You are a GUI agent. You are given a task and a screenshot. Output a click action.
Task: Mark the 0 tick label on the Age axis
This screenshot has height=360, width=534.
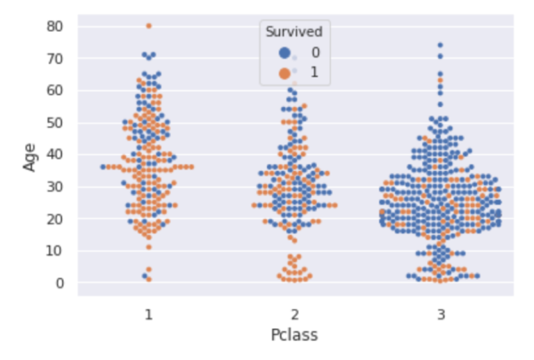(61, 283)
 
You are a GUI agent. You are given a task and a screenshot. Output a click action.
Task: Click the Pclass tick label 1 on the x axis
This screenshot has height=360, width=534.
(149, 314)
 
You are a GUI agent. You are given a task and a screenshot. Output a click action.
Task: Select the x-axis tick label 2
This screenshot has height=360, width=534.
(295, 314)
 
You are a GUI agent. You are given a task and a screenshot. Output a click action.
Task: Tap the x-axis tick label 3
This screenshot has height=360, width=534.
(441, 314)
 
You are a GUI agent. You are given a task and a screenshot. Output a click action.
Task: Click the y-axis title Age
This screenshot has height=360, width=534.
(30, 155)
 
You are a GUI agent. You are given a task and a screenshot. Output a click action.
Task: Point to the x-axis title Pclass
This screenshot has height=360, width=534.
(294, 335)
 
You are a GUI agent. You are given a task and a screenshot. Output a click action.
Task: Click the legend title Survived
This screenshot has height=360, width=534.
(294, 32)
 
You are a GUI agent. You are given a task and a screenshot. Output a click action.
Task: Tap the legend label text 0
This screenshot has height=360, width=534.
(315, 52)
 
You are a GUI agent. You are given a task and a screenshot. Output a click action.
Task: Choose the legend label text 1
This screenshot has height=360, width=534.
(315, 72)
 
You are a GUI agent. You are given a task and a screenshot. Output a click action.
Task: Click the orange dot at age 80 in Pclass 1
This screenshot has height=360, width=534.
(149, 26)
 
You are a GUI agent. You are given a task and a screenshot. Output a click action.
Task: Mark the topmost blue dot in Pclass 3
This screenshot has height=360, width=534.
(440, 45)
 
